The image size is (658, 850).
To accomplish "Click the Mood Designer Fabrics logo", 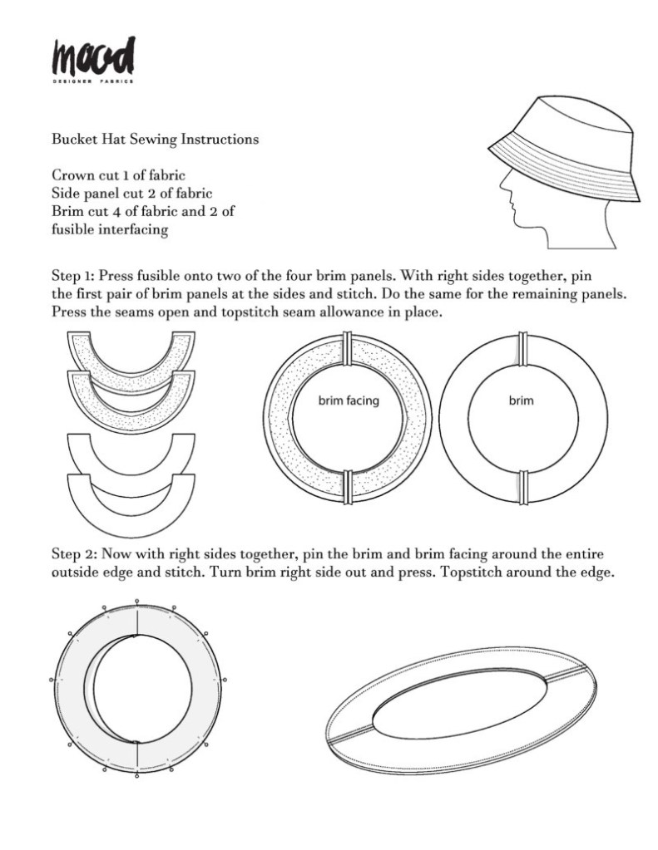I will tap(93, 59).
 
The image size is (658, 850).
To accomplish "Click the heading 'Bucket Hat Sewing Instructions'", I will tap(155, 140).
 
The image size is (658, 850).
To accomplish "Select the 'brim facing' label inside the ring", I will tap(349, 401).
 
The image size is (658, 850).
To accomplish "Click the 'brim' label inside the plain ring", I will tap(521, 401).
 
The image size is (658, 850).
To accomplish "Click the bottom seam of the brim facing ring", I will tap(348, 487).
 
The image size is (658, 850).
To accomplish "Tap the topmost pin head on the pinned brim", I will tap(136, 602).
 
